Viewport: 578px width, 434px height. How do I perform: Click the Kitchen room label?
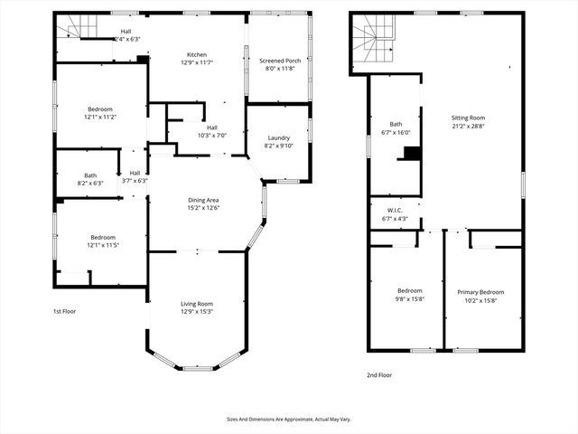197,54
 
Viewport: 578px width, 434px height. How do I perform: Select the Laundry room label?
278,138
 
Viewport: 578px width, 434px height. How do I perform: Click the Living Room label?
197,304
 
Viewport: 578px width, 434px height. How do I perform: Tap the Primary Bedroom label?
480,292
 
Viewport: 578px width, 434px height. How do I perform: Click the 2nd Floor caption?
379,374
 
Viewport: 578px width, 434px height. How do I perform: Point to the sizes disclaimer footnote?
288,419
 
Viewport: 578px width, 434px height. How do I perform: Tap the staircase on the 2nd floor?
372,41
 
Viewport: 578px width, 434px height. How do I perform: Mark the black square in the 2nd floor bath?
412,154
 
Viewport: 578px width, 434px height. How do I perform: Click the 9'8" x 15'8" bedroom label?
404,296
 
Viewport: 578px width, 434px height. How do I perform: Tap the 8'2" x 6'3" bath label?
90,179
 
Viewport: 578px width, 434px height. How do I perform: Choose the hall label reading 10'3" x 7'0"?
211,131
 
